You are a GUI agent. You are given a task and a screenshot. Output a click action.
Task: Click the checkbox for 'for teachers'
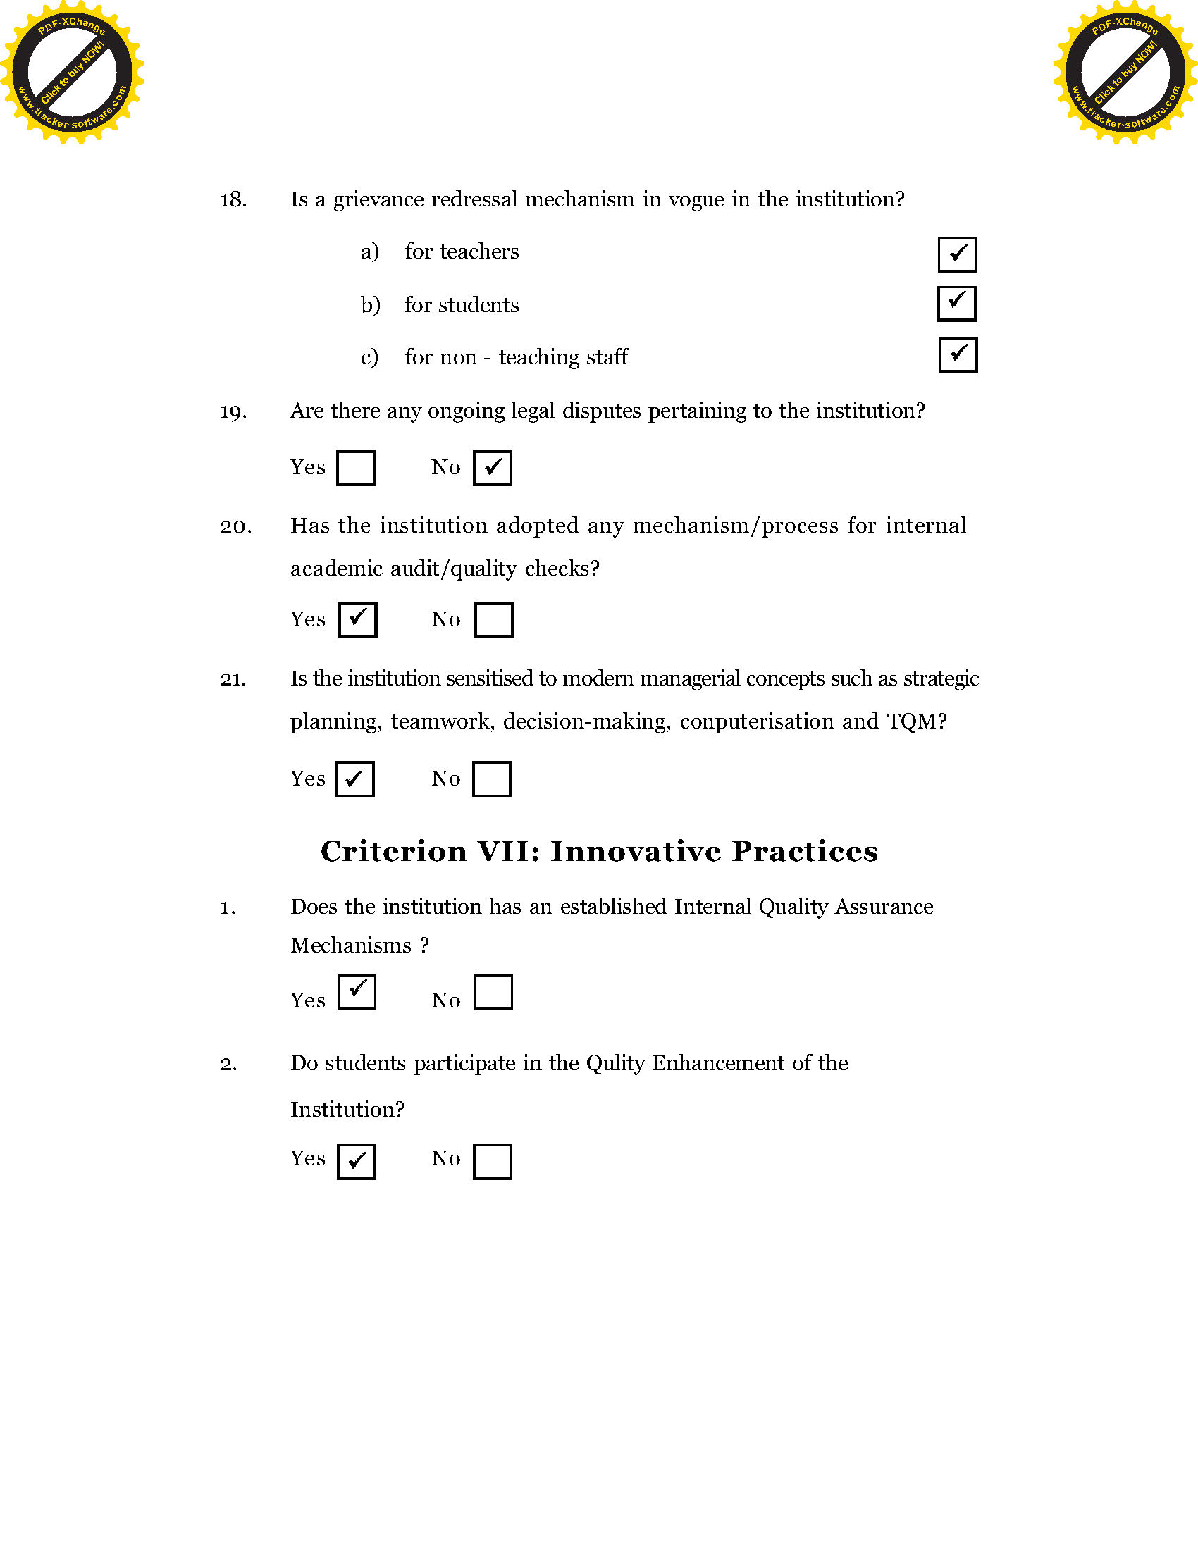(957, 254)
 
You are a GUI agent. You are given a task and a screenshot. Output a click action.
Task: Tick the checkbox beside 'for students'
(956, 304)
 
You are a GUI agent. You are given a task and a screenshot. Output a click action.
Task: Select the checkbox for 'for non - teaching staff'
(958, 355)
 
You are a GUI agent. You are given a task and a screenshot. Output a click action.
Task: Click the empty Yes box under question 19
(356, 469)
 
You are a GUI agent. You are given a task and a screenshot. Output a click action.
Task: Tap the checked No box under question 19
(492, 469)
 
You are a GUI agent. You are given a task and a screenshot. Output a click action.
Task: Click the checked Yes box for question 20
(357, 619)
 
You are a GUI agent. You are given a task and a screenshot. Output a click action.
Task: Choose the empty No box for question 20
(493, 619)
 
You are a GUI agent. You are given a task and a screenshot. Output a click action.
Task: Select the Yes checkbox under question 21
(355, 779)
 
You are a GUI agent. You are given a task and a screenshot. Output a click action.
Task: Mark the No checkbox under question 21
(491, 779)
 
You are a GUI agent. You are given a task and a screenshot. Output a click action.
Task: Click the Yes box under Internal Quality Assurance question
(357, 992)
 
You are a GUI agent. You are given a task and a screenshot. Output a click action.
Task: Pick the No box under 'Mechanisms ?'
(493, 992)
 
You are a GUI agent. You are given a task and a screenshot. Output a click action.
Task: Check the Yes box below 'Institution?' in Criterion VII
(356, 1162)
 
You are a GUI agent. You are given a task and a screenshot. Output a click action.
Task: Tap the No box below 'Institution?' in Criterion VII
(492, 1162)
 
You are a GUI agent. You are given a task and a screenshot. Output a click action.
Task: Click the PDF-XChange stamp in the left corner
(72, 73)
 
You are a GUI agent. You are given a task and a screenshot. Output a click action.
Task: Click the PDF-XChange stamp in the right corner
(1125, 73)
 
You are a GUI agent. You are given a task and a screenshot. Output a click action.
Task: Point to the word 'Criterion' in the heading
(393, 852)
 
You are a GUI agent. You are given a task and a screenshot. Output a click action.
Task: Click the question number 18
(233, 200)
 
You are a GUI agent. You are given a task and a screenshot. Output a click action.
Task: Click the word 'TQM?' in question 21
(917, 721)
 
